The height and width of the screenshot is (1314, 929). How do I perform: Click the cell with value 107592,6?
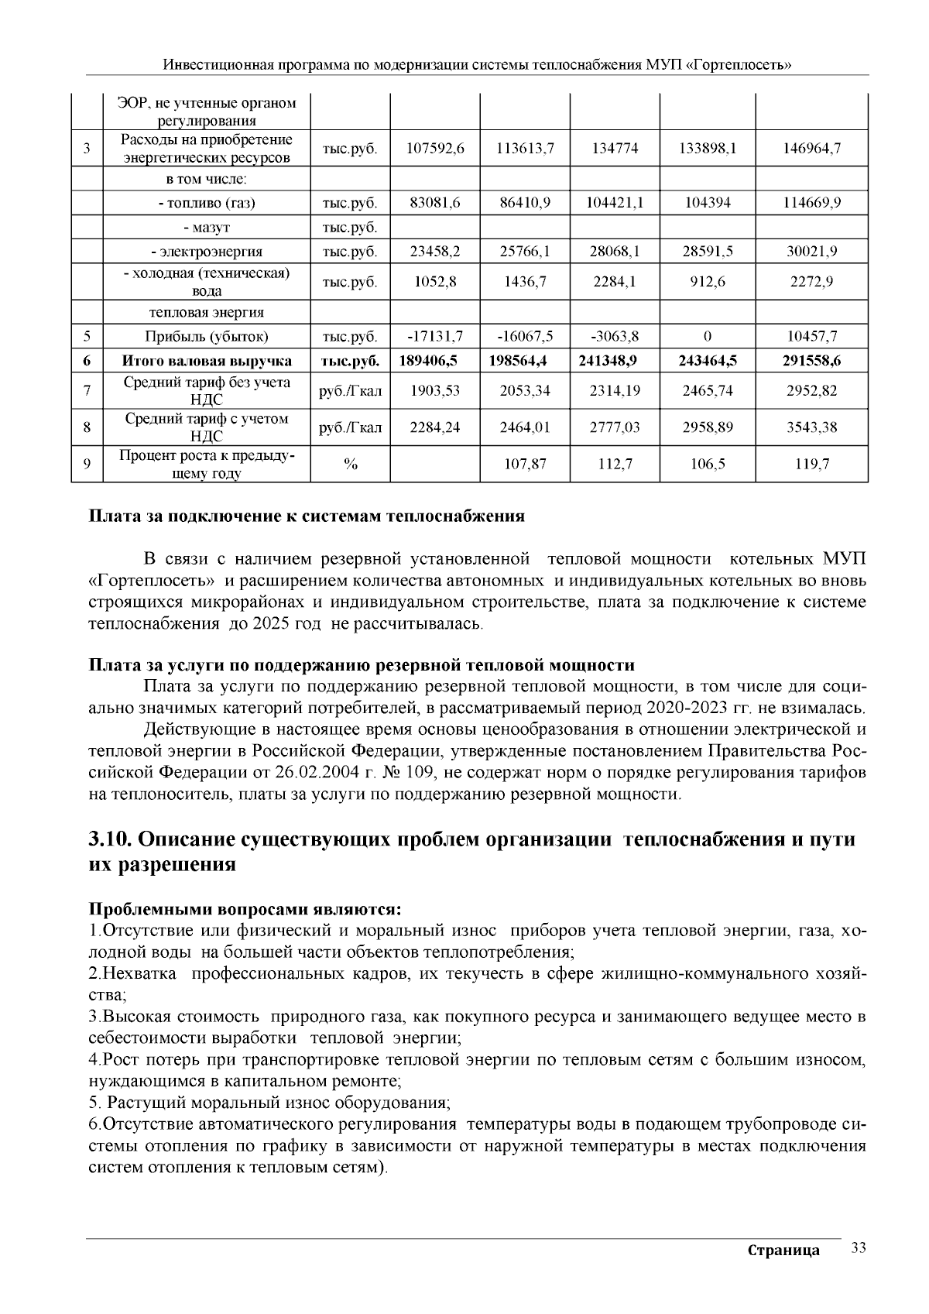point(435,149)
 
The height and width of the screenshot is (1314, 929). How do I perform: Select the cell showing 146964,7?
point(811,149)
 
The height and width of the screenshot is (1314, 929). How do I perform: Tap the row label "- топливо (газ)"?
point(207,204)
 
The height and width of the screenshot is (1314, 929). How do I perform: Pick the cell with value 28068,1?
point(615,252)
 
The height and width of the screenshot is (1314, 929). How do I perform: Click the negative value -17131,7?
point(435,337)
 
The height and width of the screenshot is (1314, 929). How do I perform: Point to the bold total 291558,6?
point(811,361)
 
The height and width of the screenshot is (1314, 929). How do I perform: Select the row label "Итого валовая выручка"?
point(207,361)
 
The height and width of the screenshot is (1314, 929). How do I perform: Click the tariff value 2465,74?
point(707,391)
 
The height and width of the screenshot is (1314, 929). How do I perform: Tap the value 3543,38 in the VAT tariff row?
point(811,427)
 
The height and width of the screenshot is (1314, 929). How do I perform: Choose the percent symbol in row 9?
point(350,465)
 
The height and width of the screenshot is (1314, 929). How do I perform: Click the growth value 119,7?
point(811,465)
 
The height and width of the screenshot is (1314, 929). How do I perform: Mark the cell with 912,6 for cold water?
point(707,283)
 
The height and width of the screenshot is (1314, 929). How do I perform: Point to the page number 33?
point(858,1247)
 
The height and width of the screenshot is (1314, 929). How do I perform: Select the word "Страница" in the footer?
point(783,1251)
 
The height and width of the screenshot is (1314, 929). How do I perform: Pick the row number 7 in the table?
point(87,391)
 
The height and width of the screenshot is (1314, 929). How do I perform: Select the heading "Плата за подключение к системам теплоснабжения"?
point(307,516)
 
